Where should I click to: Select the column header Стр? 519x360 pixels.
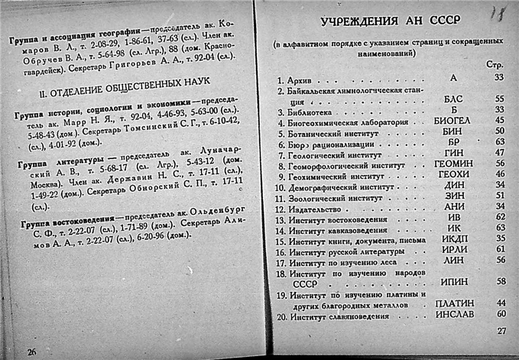click(495, 65)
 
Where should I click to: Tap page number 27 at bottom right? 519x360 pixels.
click(501, 331)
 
